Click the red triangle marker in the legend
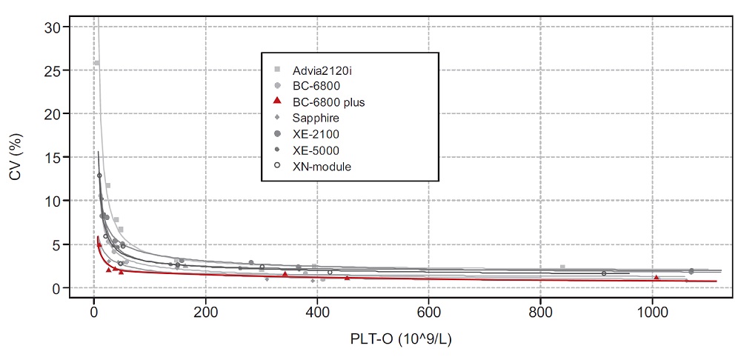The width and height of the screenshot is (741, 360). (x=277, y=101)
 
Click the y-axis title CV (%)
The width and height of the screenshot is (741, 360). (x=16, y=158)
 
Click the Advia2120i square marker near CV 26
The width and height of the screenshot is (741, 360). (x=96, y=63)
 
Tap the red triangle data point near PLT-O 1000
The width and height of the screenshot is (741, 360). (x=657, y=278)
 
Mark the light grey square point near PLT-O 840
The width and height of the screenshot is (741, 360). (x=562, y=267)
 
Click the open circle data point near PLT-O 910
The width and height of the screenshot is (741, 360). (x=604, y=273)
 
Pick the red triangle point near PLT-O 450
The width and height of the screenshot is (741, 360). (x=347, y=278)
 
